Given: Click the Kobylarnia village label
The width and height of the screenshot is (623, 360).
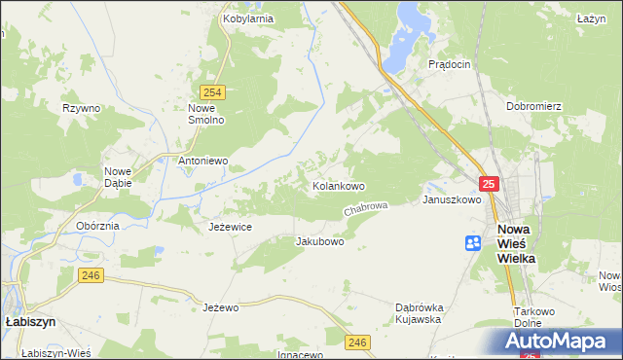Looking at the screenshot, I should pyautogui.click(x=247, y=18).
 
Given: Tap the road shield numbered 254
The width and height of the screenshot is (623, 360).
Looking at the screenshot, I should pyautogui.click(x=215, y=92).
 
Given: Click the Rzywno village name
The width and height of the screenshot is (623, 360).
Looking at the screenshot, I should pyautogui.click(x=81, y=108).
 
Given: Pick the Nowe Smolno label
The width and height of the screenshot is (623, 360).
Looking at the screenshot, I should pyautogui.click(x=206, y=114).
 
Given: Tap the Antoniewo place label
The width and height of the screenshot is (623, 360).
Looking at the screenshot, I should pyautogui.click(x=202, y=161).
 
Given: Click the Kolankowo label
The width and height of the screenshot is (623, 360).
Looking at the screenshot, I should pyautogui.click(x=338, y=185).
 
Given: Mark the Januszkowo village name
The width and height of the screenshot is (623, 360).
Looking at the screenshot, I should pyautogui.click(x=452, y=199).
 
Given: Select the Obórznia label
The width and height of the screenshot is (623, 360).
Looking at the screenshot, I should pyautogui.click(x=97, y=226).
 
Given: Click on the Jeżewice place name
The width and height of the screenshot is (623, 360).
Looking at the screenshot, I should pyautogui.click(x=231, y=227).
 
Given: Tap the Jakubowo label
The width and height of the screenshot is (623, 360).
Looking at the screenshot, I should pyautogui.click(x=319, y=241).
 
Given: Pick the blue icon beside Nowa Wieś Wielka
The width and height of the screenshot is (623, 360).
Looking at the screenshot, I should pyautogui.click(x=473, y=243).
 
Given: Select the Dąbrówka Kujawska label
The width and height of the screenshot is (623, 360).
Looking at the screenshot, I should pyautogui.click(x=419, y=312).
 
